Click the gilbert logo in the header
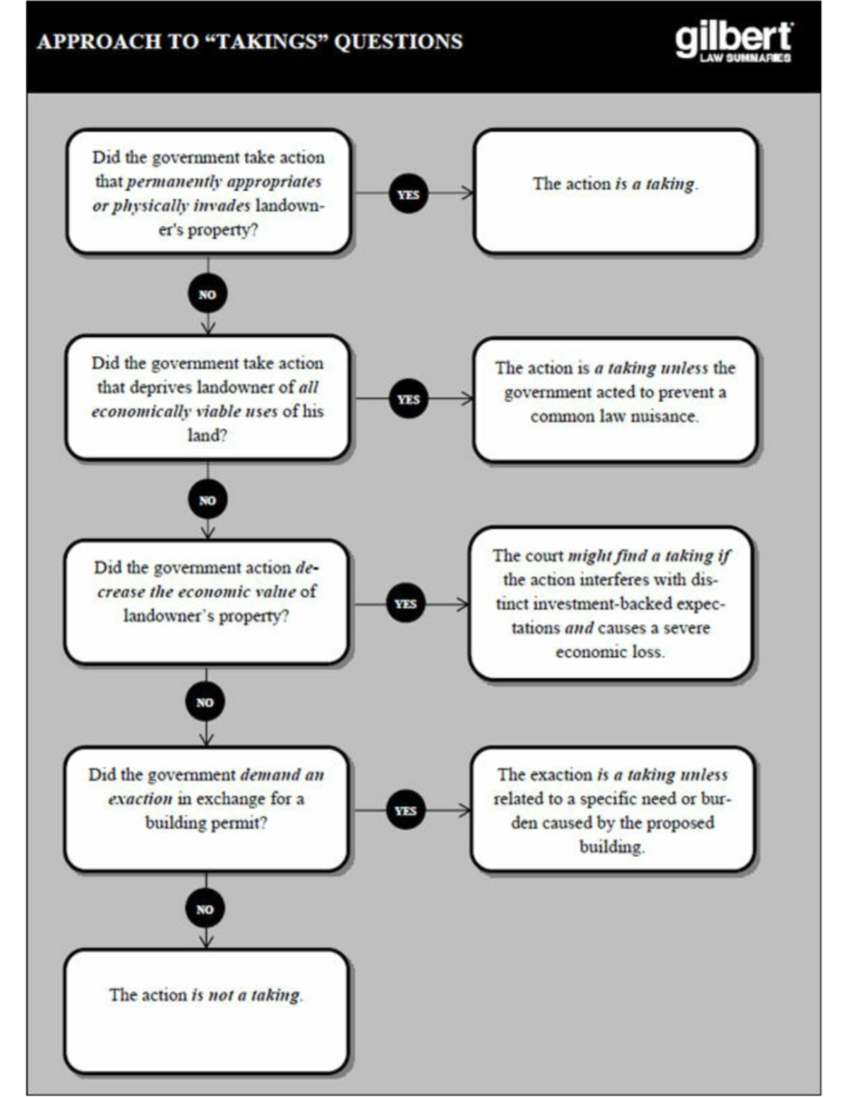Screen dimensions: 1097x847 pos(733,42)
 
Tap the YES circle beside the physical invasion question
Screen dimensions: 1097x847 pos(408,194)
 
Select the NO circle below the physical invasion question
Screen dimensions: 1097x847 pos(208,294)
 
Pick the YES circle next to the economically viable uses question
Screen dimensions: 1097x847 pos(408,399)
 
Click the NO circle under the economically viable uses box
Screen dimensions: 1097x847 pos(208,500)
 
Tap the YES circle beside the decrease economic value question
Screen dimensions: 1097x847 pos(406,604)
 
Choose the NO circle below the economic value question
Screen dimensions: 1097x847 pos(205,702)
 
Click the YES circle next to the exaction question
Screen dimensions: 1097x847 pos(406,810)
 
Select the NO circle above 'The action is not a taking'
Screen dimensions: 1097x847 pos(205,909)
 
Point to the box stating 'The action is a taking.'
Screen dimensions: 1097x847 pos(615,191)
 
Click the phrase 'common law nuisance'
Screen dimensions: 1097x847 pos(614,416)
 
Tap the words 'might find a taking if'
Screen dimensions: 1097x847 pos(649,556)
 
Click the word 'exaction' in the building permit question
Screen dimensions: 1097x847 pos(140,799)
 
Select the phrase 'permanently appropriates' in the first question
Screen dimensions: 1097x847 pos(224,182)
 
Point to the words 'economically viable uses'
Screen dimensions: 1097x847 pos(184,411)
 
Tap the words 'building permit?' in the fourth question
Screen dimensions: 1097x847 pos(206,823)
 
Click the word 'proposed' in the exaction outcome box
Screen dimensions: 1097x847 pos(679,823)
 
